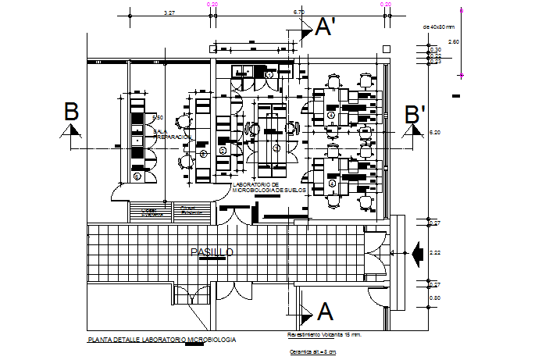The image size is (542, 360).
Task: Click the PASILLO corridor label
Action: click(x=212, y=251)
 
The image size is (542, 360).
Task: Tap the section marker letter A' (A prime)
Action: click(x=325, y=28)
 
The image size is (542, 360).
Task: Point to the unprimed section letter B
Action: click(x=71, y=112)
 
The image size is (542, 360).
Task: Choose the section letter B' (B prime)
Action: click(x=415, y=113)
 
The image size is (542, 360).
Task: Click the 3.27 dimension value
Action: click(x=169, y=13)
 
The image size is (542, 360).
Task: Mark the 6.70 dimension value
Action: click(x=298, y=13)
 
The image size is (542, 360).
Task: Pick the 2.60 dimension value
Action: click(x=453, y=41)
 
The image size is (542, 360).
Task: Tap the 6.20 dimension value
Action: click(x=436, y=134)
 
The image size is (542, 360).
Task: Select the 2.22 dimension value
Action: click(x=436, y=252)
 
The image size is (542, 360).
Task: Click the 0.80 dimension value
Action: click(x=436, y=298)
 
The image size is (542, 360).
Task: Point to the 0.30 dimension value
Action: click(x=436, y=49)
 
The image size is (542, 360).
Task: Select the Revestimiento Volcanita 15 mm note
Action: click(x=323, y=334)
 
